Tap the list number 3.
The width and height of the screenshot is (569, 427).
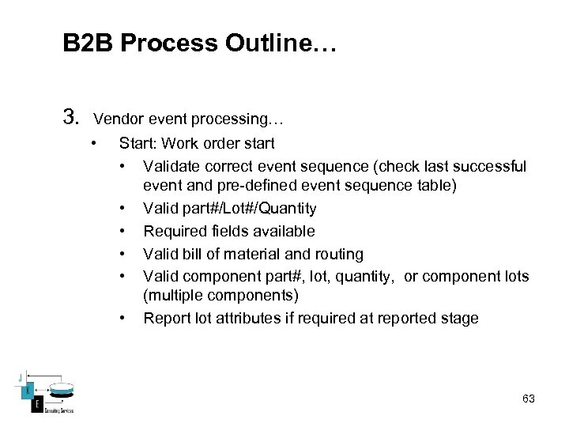tap(71, 119)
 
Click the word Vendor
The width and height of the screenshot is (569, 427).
tap(116, 120)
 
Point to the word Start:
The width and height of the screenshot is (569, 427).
tap(136, 144)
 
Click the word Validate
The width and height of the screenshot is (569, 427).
tap(171, 166)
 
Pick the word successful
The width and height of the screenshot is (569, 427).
tap(490, 166)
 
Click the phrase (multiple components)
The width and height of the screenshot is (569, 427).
tap(220, 296)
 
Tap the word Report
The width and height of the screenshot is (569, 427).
tap(164, 318)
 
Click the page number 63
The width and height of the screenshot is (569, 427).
tap(528, 399)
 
